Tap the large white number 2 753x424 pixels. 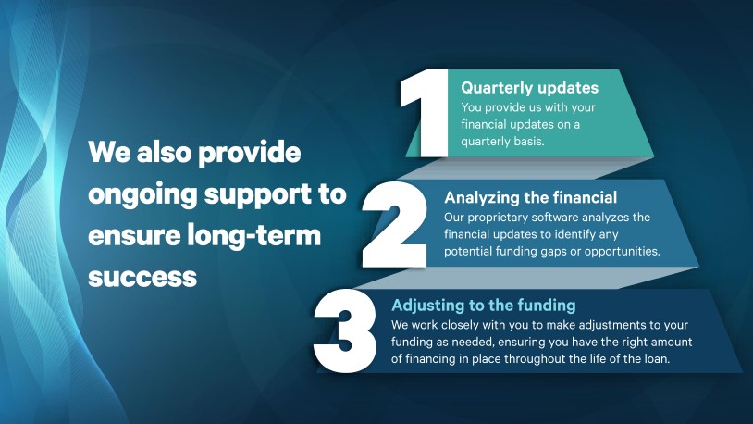395,225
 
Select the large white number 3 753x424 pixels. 345,330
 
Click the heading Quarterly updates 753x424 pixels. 530,88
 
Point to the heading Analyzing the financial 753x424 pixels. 531,197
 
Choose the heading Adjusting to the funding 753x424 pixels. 484,306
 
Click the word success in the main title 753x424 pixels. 142,277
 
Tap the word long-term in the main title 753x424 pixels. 253,235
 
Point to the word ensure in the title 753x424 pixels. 133,236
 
